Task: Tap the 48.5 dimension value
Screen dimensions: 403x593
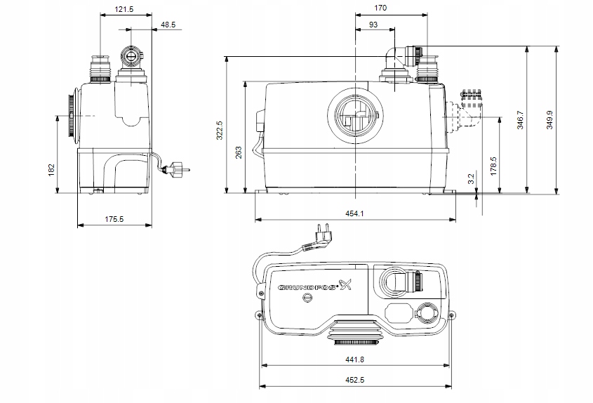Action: [169, 25]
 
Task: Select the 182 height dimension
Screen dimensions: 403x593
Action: [51, 171]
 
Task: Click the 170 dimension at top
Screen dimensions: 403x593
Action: [381, 9]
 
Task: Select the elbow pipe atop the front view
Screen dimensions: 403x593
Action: [397, 55]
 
